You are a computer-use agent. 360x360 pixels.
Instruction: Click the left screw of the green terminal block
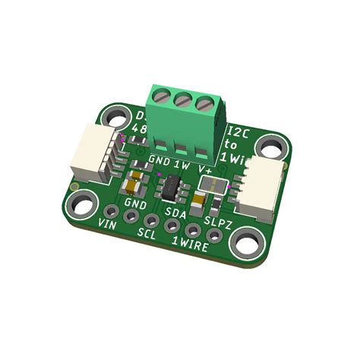click(x=160, y=96)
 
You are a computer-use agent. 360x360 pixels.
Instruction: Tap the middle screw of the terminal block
click(x=182, y=99)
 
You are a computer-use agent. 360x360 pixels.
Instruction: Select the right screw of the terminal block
click(x=203, y=103)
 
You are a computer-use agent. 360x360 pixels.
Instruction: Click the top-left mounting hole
click(x=116, y=117)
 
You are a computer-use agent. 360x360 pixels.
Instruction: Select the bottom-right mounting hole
click(x=245, y=245)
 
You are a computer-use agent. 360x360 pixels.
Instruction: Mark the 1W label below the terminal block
click(x=182, y=163)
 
